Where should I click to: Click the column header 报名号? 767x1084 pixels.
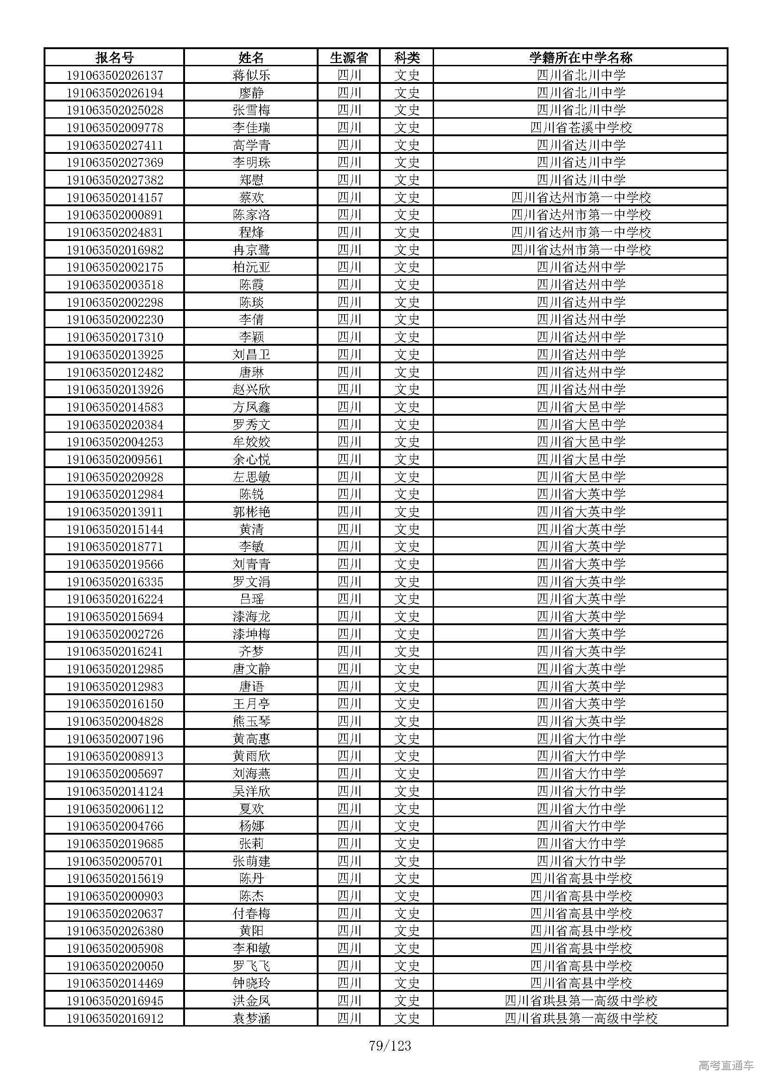115,57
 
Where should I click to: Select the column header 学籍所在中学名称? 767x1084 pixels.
581,57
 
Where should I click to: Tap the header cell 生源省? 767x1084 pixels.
349,57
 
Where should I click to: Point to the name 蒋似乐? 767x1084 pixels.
251,75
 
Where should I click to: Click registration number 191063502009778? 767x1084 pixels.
115,127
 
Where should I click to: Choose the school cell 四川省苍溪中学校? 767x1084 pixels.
581,127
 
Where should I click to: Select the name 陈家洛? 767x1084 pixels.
251,215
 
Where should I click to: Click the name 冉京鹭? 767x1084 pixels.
251,250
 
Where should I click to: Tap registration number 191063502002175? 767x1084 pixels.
115,267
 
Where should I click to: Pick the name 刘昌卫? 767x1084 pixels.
251,355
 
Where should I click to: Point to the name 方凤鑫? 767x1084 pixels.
251,407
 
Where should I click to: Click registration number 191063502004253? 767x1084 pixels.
115,442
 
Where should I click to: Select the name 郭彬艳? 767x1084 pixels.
251,512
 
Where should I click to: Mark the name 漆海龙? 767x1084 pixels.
251,616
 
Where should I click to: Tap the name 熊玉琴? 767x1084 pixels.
251,722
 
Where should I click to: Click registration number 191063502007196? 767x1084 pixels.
115,739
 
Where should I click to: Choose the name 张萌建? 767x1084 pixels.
251,861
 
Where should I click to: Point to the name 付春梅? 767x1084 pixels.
251,913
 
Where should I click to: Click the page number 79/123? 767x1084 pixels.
390,1046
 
